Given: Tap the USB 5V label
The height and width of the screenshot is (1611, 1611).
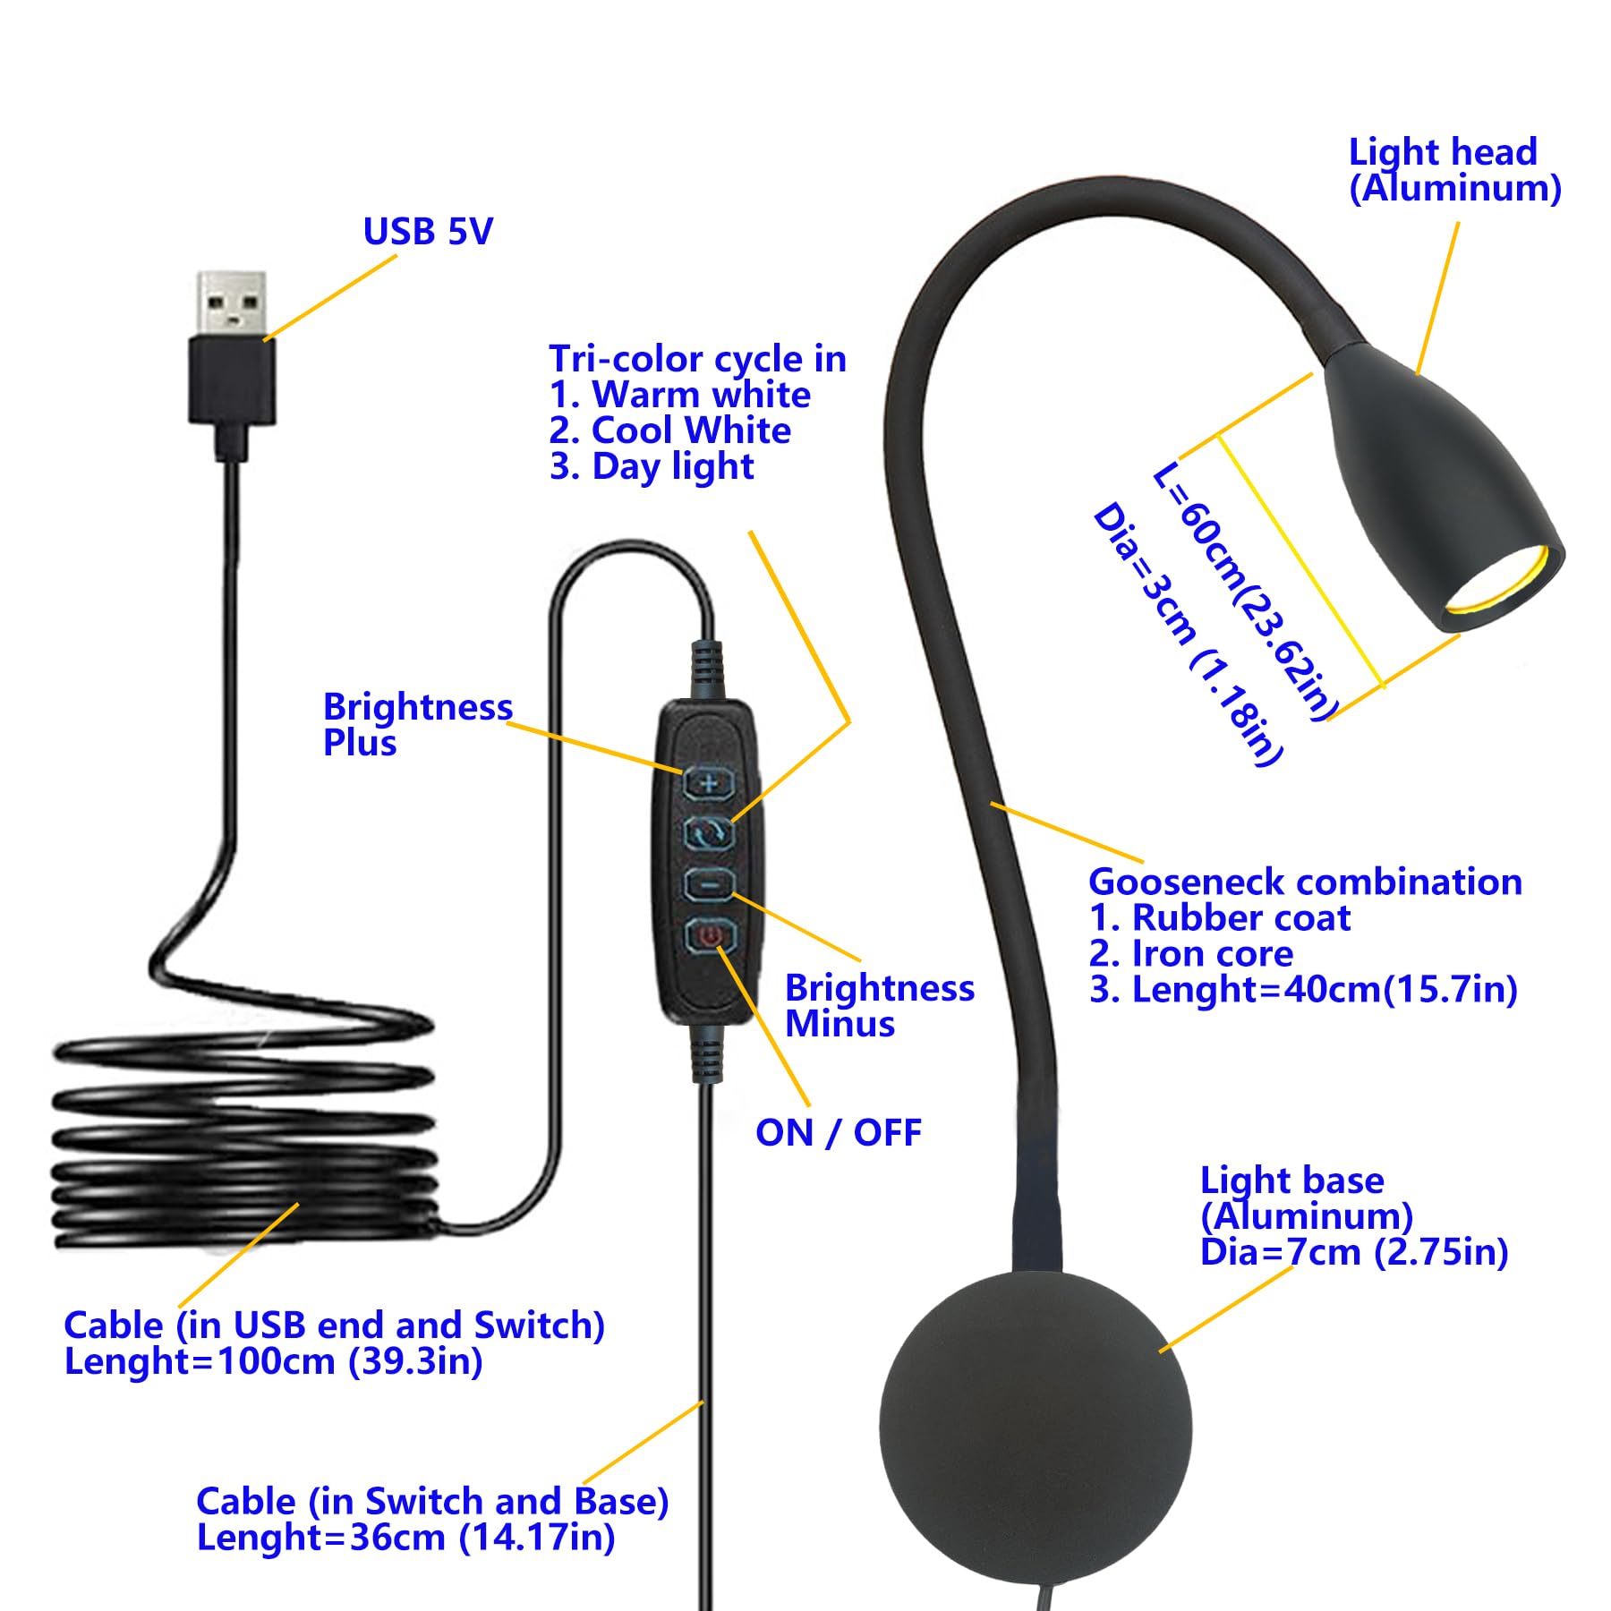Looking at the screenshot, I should (x=428, y=232).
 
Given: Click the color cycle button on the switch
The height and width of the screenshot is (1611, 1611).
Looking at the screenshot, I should (x=709, y=834).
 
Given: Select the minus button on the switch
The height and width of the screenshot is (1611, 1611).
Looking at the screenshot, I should (x=709, y=885).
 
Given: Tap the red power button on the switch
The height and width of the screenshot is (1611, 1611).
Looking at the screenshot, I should (x=710, y=936).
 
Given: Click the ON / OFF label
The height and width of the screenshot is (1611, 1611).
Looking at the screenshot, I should (x=838, y=1133).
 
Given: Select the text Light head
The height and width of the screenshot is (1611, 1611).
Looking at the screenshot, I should (x=1443, y=152).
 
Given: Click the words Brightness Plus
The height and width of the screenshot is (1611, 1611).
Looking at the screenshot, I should (x=417, y=725).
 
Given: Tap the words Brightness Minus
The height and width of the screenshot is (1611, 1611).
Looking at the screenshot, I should (x=879, y=1006).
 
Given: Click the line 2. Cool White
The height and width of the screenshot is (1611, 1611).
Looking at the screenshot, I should (x=670, y=430).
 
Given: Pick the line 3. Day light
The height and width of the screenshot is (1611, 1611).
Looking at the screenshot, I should (x=652, y=466).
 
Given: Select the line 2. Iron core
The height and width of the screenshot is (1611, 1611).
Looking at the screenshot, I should (x=1191, y=954).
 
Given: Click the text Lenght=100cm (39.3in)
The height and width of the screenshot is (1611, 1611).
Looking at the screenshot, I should (x=274, y=1361).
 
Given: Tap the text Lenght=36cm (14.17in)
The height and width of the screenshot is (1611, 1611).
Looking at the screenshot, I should (x=405, y=1538).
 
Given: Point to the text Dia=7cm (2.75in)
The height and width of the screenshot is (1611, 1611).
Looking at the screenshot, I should (x=1354, y=1252).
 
